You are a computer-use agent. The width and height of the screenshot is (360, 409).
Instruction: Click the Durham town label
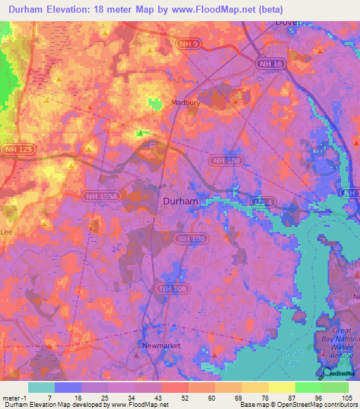(180, 200)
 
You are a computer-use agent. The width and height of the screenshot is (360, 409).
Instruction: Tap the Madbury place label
(187, 103)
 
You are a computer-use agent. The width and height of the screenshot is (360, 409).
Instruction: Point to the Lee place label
(7, 231)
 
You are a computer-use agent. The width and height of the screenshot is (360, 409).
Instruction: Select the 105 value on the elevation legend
(347, 397)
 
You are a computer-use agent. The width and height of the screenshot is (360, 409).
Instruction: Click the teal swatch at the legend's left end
(41, 387)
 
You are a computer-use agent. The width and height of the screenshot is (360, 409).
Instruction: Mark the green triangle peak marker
(141, 132)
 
